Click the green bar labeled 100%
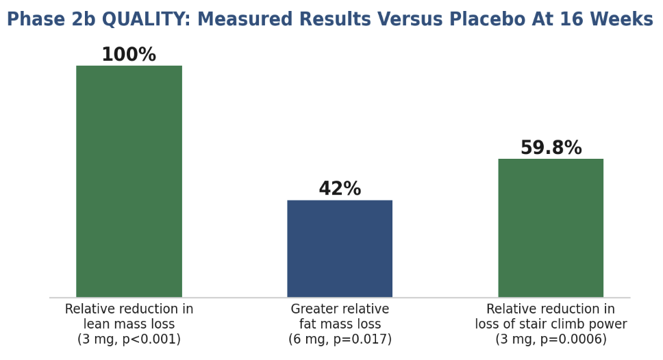129,181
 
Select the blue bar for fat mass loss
340,248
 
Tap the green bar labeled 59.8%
551,228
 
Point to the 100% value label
129,55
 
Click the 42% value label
340,188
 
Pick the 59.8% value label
551,147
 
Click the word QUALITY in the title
147,19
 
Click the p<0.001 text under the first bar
151,339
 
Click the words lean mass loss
129,324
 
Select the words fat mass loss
340,324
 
